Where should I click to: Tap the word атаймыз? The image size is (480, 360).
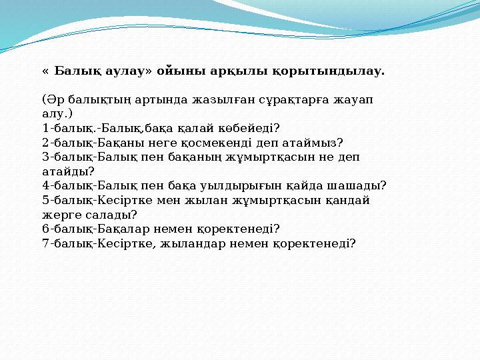(x=316, y=143)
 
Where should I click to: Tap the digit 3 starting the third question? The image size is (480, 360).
(x=45, y=157)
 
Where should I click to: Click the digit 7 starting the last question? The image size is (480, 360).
(x=45, y=243)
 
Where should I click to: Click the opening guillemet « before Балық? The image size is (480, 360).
(x=45, y=70)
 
